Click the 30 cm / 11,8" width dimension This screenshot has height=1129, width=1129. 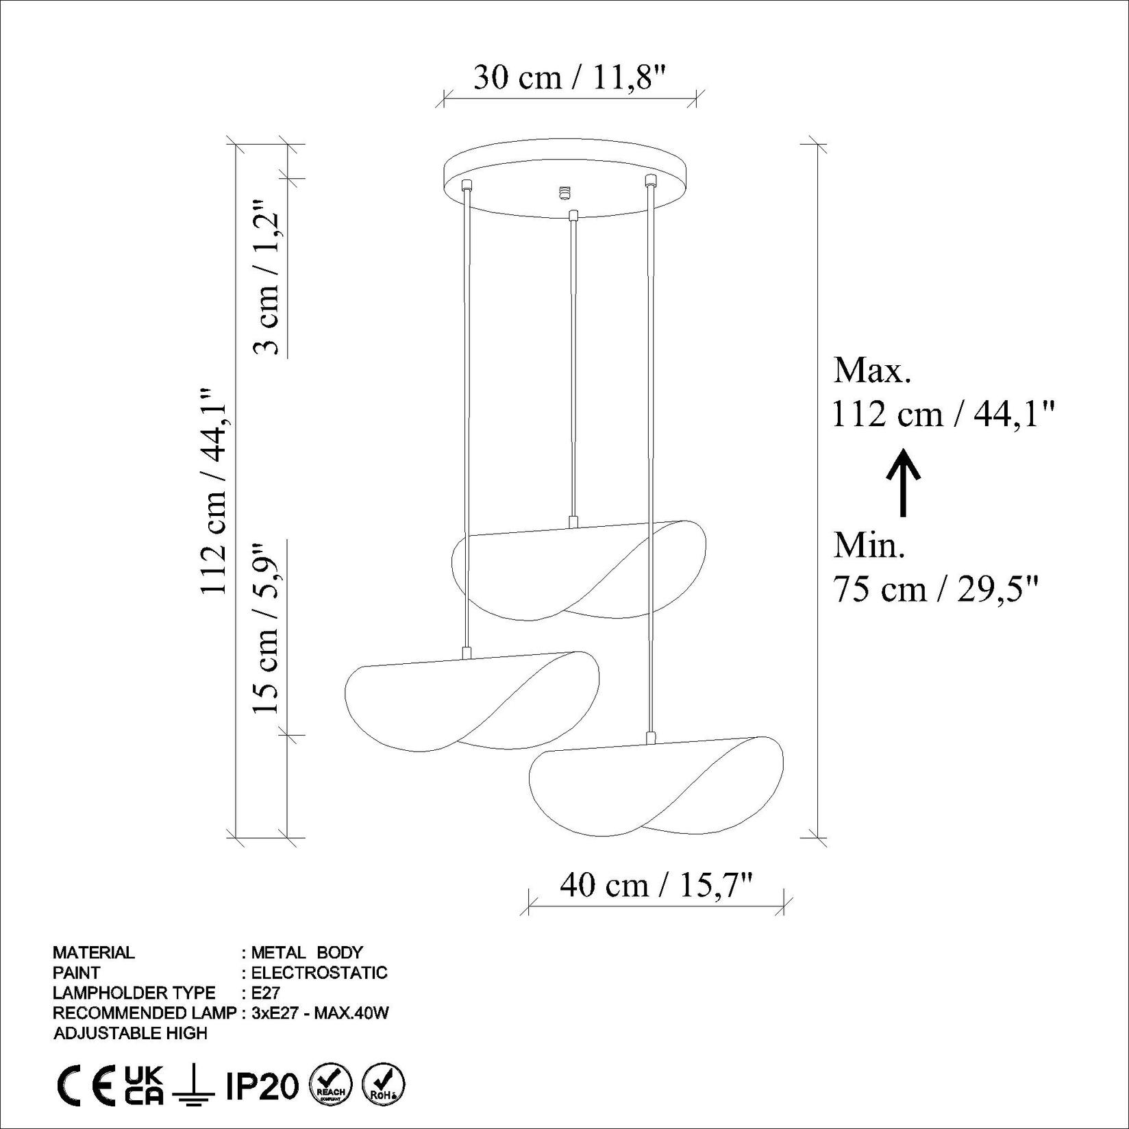coord(569,77)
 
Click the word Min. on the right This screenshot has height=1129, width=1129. coord(869,545)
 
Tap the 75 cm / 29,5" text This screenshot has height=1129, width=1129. coord(936,588)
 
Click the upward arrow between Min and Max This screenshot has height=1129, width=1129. coord(904,482)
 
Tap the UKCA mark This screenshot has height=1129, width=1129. coord(144,1085)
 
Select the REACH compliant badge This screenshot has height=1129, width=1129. coord(332,1085)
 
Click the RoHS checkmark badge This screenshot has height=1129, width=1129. coord(383,1085)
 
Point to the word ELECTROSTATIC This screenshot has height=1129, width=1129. coord(319,972)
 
